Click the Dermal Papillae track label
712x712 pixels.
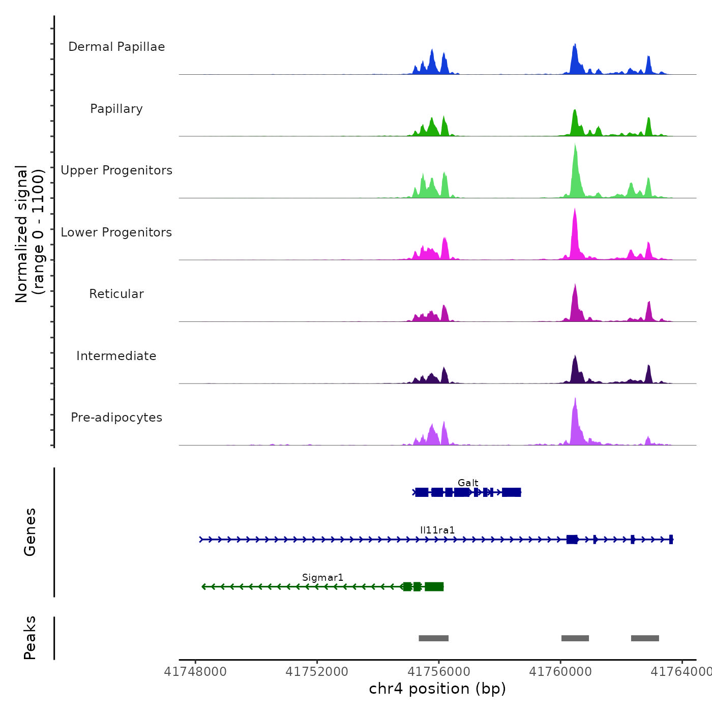coord(116,47)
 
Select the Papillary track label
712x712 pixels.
coord(116,109)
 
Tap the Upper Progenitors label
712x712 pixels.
coord(116,170)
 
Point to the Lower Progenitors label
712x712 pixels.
coord(116,232)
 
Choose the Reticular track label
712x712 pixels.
coord(116,294)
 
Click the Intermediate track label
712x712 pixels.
coord(116,356)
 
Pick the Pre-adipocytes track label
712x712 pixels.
coord(116,418)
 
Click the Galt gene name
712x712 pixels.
coord(468,483)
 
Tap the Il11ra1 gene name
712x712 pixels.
coord(437,530)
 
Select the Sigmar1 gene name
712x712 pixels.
coord(323,577)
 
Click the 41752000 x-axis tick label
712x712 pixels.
coord(317,672)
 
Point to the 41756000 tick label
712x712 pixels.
coord(439,672)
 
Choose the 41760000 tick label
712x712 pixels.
coord(560,672)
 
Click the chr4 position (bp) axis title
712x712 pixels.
coord(437,689)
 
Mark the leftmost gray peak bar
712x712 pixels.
coord(433,638)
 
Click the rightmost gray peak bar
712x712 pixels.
coord(645,638)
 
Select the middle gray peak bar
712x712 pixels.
coord(575,638)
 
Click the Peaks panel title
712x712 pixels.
coord(30,638)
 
